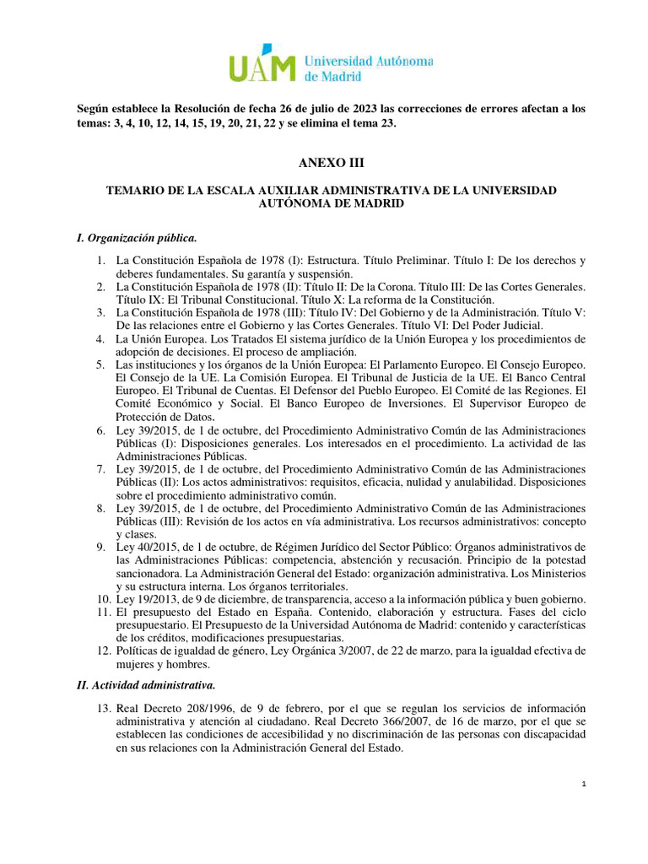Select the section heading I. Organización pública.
click(137, 238)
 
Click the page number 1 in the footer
click(583, 785)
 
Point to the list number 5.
click(101, 364)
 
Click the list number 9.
click(101, 547)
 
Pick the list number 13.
click(99, 706)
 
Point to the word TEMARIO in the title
click(138, 191)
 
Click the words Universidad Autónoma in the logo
click(367, 62)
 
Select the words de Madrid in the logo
click(332, 76)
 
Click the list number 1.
click(101, 261)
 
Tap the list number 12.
click(99, 651)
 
